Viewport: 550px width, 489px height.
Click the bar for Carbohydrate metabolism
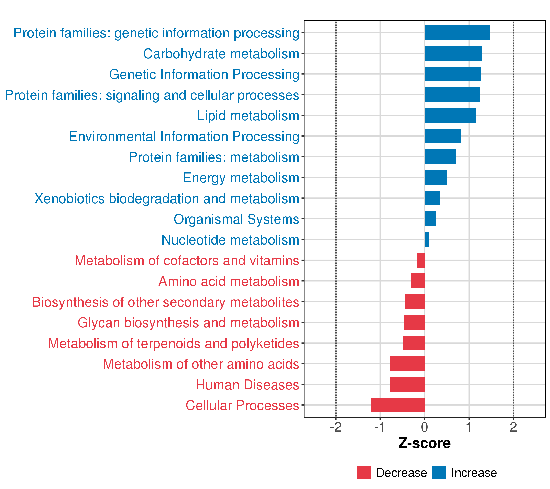(x=453, y=53)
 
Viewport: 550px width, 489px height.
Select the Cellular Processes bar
(x=398, y=405)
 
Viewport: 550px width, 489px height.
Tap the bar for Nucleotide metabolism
(x=427, y=240)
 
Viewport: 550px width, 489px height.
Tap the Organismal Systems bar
(x=430, y=219)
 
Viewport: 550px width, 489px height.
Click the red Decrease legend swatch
(x=364, y=472)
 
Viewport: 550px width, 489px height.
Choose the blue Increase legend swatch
(x=439, y=472)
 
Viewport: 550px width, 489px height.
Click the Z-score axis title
(x=424, y=443)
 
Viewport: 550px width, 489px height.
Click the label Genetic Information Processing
(x=204, y=75)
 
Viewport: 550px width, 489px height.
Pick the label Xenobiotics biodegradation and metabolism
(x=167, y=199)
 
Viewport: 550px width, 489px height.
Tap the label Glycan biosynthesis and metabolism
(x=188, y=323)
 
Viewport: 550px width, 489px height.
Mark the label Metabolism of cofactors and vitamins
(x=187, y=261)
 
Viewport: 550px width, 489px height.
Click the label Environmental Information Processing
(x=184, y=137)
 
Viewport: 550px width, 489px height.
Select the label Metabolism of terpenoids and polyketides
(x=173, y=343)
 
